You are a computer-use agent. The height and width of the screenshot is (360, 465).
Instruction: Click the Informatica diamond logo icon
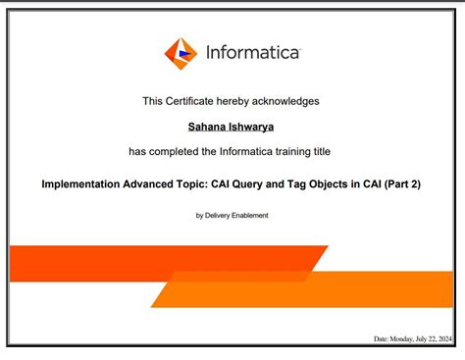coord(181,54)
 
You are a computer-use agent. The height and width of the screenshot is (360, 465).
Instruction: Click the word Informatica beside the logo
coord(252,53)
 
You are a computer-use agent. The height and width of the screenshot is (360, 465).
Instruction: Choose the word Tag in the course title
coord(308,183)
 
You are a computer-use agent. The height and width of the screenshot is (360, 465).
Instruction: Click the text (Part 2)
coord(401,183)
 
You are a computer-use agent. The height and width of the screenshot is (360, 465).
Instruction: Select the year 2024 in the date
coord(445,338)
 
